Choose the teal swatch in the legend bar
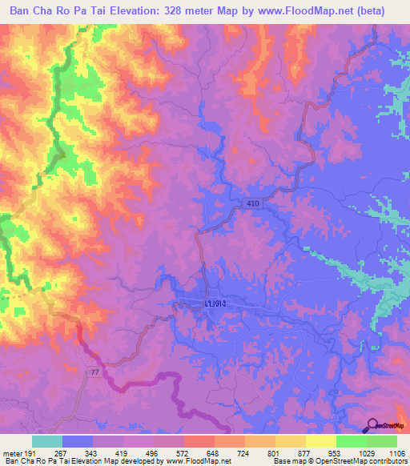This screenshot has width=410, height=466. click(x=47, y=441)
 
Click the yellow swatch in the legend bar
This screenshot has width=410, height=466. click(x=321, y=441)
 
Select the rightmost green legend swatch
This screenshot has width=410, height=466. click(x=382, y=441)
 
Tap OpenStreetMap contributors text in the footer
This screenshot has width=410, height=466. click(x=360, y=461)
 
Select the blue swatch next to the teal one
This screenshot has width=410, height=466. click(x=78, y=441)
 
